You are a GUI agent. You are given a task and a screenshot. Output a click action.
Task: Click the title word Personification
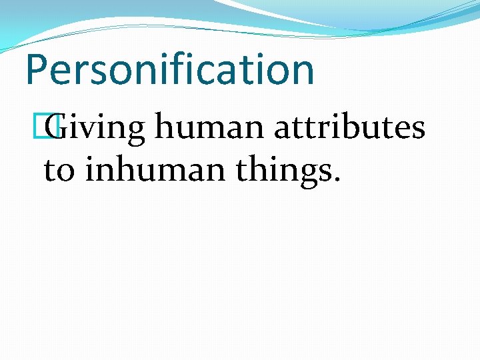169,69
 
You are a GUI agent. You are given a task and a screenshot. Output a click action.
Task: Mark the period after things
337,179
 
